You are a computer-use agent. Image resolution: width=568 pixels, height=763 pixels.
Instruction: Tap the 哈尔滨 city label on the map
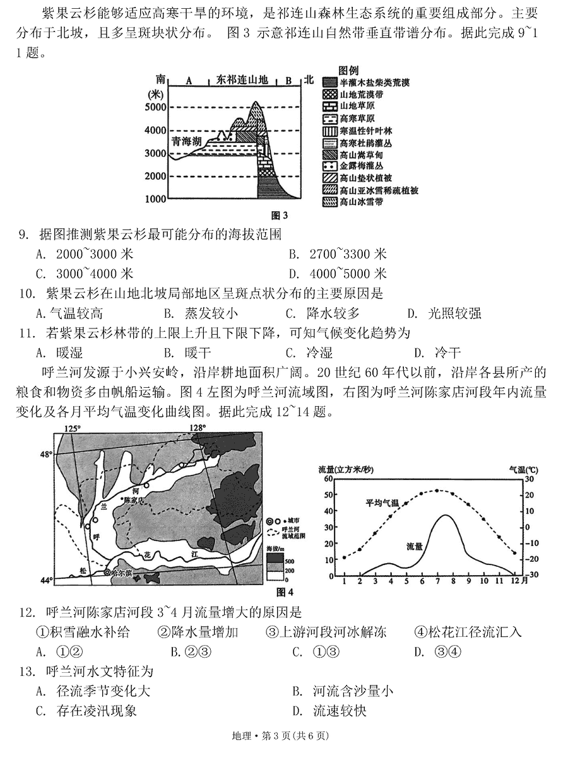tap(120, 573)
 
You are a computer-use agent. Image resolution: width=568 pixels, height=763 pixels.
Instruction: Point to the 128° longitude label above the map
tap(198, 429)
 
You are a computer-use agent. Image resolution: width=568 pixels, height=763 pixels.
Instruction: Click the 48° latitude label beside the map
tap(47, 454)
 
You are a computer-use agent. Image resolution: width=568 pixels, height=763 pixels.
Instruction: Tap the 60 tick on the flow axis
tap(328, 479)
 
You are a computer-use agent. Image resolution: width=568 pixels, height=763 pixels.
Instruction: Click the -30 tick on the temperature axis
tap(533, 575)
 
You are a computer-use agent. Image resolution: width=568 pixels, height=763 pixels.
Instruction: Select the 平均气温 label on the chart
tap(382, 503)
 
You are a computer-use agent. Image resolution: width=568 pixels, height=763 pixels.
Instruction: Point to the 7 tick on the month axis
tap(437, 581)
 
